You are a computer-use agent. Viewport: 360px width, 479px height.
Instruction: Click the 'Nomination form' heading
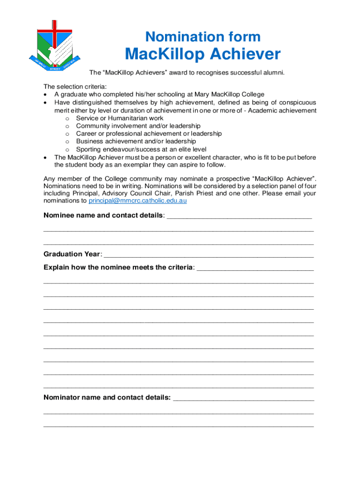point(202,36)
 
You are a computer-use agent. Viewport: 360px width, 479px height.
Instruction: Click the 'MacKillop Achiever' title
point(202,54)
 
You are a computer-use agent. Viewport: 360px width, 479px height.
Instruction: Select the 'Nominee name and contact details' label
point(104,215)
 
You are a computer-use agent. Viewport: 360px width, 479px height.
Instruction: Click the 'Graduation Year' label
point(72,254)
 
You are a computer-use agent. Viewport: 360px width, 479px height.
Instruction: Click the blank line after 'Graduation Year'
point(208,255)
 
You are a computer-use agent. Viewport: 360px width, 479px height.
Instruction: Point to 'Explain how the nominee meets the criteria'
point(118,267)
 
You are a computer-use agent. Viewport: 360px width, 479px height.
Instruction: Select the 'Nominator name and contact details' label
point(107,398)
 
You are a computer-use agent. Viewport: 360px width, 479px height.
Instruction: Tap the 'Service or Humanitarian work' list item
point(120,118)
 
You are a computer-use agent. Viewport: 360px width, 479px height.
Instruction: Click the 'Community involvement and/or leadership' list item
point(138,126)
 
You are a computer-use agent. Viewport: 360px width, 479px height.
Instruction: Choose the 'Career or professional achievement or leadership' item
point(149,133)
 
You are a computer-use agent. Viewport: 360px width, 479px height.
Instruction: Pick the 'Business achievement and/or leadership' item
point(136,141)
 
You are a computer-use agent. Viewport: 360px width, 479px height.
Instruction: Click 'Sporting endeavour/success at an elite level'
point(141,149)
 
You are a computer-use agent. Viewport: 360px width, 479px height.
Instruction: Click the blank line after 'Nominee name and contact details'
point(239,217)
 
